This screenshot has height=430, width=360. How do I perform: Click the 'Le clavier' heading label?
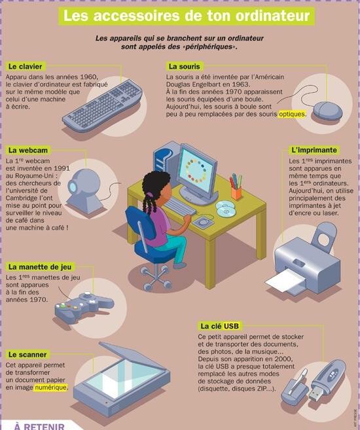pos(26,67)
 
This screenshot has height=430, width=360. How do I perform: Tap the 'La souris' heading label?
pos(184,66)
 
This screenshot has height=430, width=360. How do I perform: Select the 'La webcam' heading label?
pos(28,151)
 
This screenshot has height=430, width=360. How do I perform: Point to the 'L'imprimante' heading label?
pos(314,150)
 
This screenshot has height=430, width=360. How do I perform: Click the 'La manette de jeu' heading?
pos(40,267)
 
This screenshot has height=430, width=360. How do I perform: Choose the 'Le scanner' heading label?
pos(27,355)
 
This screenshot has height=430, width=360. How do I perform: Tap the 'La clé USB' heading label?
pos(220,326)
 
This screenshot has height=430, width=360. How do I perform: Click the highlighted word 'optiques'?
pos(292,114)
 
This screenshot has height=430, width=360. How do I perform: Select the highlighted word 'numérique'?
pos(50,387)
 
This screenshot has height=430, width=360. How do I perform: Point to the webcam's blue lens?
pos(73,187)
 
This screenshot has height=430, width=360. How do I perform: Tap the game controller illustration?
pos(83,306)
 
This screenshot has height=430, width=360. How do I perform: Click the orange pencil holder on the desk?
pos(236,193)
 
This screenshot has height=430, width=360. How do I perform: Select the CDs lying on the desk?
pos(225,208)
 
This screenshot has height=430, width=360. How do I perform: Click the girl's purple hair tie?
pos(149,195)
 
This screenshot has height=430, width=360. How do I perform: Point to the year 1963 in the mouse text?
pos(241,84)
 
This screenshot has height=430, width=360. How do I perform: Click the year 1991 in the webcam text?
pos(62,168)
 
